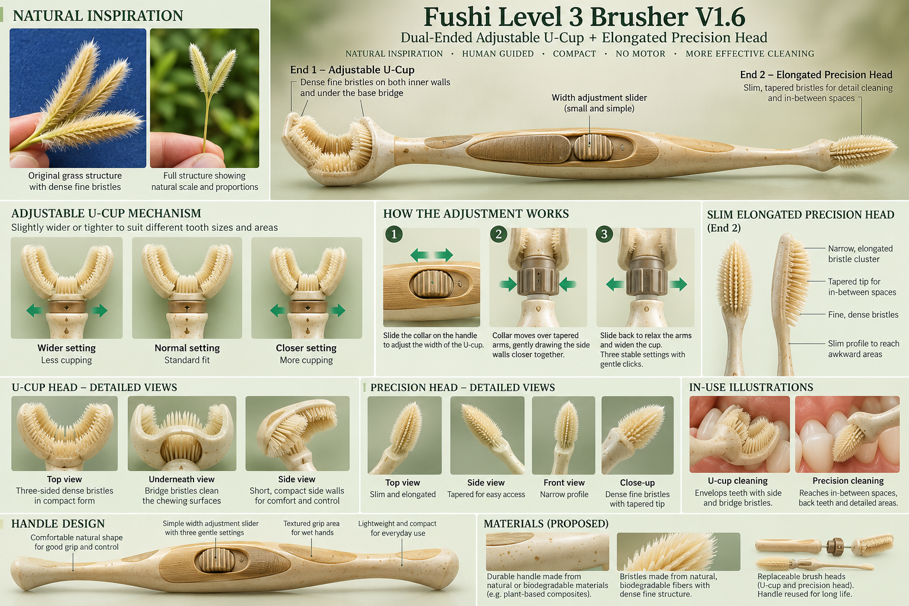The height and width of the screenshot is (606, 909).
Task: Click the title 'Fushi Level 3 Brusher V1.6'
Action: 584,17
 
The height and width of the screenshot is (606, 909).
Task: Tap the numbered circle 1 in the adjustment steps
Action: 394,234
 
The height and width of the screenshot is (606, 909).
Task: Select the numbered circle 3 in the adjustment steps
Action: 604,234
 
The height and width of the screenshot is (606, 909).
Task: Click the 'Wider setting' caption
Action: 66,348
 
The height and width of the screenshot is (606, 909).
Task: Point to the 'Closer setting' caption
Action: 306,348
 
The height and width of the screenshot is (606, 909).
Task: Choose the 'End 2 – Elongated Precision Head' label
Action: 816,75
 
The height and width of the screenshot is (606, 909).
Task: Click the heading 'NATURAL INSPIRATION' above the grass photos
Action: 98,16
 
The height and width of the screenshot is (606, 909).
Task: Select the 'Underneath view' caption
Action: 182,479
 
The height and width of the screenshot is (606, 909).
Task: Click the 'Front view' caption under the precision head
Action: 564,482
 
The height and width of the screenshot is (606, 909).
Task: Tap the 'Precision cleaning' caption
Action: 847,481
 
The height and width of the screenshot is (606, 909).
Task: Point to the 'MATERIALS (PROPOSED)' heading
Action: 546,524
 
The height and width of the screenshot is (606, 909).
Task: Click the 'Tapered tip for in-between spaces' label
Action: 862,286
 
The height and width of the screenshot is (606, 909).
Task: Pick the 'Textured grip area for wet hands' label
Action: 312,528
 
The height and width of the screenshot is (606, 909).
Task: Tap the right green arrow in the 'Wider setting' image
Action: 99,311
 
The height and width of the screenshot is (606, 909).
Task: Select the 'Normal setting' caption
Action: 187,348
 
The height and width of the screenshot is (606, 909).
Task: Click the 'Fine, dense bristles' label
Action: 863,315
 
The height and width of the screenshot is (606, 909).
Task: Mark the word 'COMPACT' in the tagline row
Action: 574,54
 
